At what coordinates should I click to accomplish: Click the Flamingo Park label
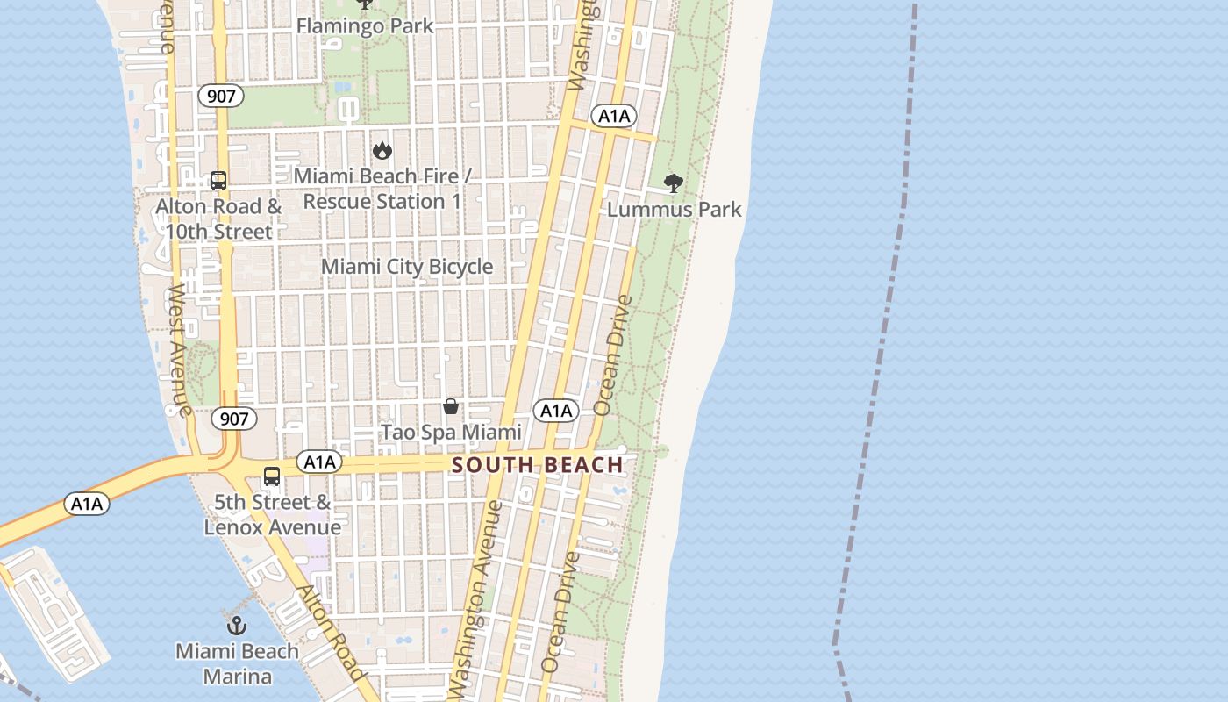point(365,25)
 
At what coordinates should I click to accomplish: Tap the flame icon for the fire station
point(382,150)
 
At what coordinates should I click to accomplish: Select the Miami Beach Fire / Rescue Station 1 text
point(382,189)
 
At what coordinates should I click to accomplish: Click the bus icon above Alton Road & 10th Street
point(218,181)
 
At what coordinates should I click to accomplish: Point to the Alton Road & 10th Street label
point(218,219)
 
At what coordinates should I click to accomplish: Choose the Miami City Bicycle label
point(407,267)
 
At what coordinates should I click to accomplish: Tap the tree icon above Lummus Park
point(674,183)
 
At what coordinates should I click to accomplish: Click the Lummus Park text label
point(674,210)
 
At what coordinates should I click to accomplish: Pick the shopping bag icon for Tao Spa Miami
point(451,406)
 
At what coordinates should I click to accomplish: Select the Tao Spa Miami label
point(451,433)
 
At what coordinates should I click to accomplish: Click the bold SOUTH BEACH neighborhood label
point(538,465)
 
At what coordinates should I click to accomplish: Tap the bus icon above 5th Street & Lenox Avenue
point(272,476)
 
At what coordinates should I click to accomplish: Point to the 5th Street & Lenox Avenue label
point(272,515)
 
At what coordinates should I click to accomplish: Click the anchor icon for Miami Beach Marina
point(237,626)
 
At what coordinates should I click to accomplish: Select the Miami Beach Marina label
point(237,664)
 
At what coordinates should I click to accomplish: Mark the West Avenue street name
point(180,348)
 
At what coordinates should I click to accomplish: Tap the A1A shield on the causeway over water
point(87,504)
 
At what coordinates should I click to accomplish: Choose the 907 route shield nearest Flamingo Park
point(221,96)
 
